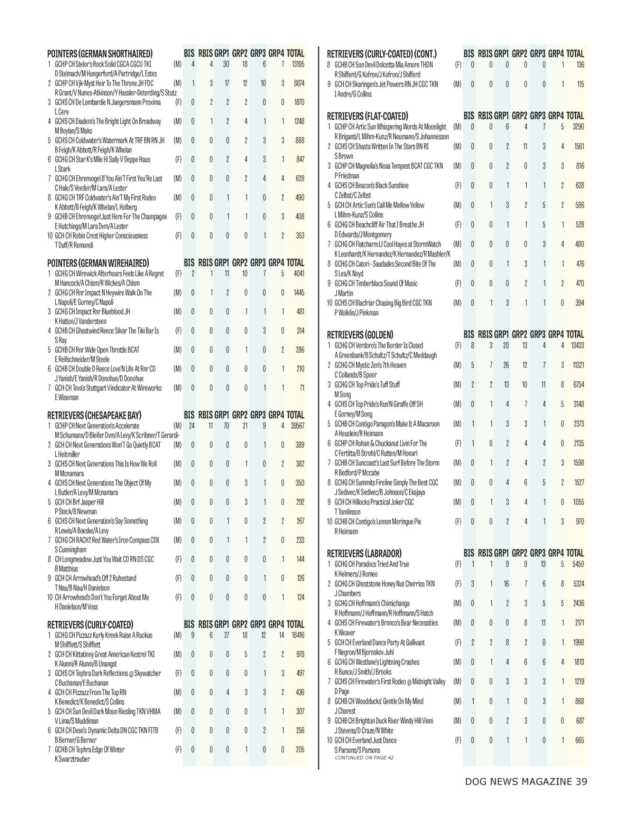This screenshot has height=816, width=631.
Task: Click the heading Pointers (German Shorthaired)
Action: [x=100, y=53]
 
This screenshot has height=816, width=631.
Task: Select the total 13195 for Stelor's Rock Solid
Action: [x=298, y=64]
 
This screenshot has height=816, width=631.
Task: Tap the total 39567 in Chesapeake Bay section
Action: [x=297, y=426]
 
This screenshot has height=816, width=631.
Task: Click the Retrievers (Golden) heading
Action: [x=360, y=335]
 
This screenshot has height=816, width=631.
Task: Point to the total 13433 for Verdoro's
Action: [x=578, y=346]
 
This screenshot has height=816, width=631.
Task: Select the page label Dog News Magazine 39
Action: [x=526, y=781]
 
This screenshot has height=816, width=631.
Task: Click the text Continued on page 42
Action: [x=364, y=757]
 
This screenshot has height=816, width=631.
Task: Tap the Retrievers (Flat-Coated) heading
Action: [x=367, y=116]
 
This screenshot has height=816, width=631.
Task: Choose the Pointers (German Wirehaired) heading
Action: [x=98, y=263]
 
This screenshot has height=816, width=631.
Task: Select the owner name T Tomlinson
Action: [x=347, y=512]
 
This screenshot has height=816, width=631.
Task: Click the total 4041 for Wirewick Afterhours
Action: [x=299, y=273]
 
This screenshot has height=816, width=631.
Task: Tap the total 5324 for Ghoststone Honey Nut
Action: [x=578, y=583]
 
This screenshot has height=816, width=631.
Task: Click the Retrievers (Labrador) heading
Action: [x=364, y=553]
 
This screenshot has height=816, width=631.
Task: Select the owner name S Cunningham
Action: [x=71, y=550]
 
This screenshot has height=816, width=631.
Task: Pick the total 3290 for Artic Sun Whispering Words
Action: [x=578, y=127]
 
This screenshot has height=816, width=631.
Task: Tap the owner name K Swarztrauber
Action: [x=72, y=759]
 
